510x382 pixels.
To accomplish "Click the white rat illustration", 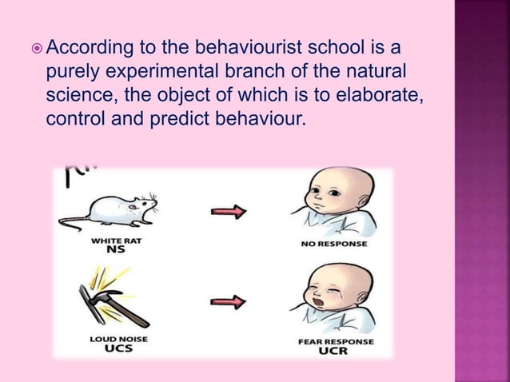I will (x=120, y=209).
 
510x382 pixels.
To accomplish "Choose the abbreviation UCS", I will (x=111, y=349).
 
